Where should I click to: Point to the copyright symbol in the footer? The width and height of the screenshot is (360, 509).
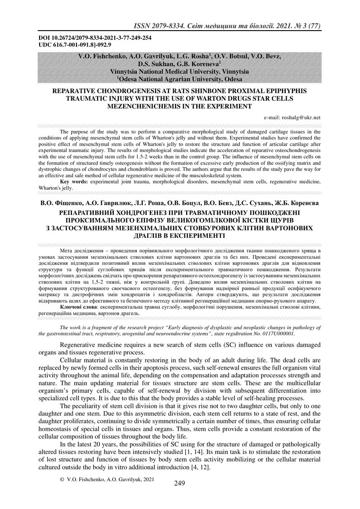point(62,480)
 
